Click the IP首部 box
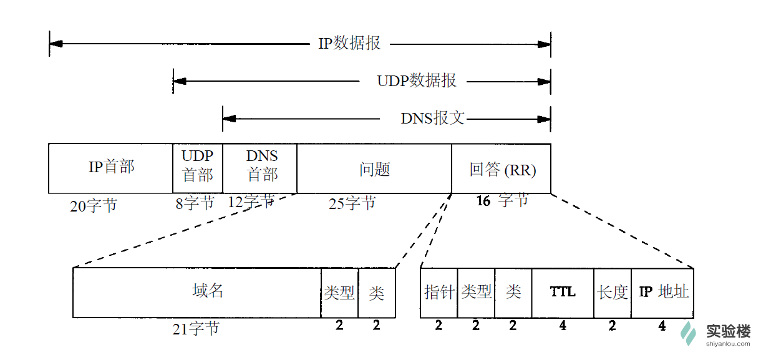pyautogui.click(x=110, y=168)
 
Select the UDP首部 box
pyautogui.click(x=197, y=168)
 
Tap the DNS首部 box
pyautogui.click(x=259, y=168)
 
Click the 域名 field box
pyautogui.click(x=196, y=292)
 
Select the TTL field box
pyautogui.click(x=563, y=292)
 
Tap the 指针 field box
pyautogui.click(x=439, y=292)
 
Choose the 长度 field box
pyautogui.click(x=613, y=292)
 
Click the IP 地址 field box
pyautogui.click(x=662, y=292)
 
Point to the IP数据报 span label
pyautogui.click(x=349, y=44)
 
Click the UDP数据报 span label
pyautogui.click(x=416, y=80)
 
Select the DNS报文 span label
pyautogui.click(x=432, y=118)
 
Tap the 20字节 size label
pyautogui.click(x=93, y=205)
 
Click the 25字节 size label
pyautogui.click(x=352, y=203)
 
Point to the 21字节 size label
pyautogui.click(x=195, y=329)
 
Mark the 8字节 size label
pyautogui.click(x=195, y=203)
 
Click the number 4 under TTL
pyautogui.click(x=563, y=325)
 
